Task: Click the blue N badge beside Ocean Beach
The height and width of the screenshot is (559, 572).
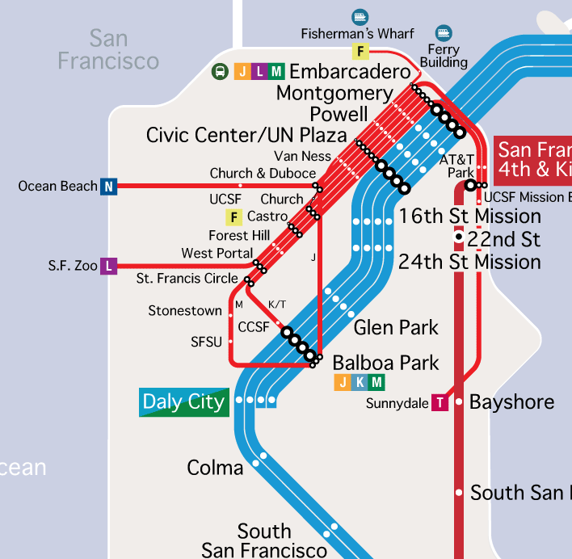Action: click(109, 187)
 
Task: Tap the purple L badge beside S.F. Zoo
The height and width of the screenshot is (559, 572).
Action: click(108, 266)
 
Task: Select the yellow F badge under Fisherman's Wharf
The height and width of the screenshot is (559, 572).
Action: click(360, 52)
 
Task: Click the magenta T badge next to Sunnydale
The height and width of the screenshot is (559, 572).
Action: click(440, 402)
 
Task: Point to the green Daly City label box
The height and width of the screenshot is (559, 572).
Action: click(184, 401)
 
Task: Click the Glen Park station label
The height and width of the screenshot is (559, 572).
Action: click(396, 327)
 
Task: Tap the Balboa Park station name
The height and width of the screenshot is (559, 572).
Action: click(385, 362)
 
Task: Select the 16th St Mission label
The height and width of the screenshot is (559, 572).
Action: click(469, 216)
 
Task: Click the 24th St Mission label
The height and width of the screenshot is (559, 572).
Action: click(469, 262)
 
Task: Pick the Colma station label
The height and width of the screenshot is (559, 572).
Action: click(215, 468)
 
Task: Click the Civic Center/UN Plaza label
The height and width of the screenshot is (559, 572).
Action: click(246, 135)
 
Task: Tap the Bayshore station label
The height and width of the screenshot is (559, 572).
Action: click(511, 401)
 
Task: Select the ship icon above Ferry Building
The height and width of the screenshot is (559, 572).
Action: click(443, 32)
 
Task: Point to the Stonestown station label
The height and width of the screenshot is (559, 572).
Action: click(185, 311)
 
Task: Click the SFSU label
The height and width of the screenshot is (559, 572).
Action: click(206, 342)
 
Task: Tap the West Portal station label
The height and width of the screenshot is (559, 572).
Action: click(217, 253)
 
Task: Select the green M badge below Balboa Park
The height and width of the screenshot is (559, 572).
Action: click(376, 382)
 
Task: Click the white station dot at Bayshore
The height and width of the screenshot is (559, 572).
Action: click(459, 401)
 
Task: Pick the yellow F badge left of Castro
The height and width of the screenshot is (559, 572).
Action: click(234, 216)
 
